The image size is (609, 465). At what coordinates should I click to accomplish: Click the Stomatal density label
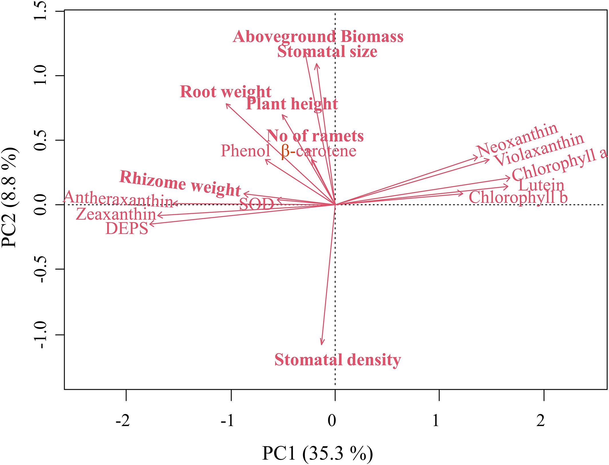pyautogui.click(x=338, y=360)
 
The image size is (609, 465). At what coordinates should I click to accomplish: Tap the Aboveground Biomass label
pyautogui.click(x=318, y=37)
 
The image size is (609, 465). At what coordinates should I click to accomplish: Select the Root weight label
pyautogui.click(x=226, y=92)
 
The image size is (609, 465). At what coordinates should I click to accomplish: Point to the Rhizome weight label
pyautogui.click(x=180, y=183)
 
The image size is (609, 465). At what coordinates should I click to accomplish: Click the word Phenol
pyautogui.click(x=246, y=151)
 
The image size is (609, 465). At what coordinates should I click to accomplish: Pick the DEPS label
pyautogui.click(x=127, y=229)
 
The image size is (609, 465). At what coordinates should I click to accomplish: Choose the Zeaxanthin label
pyautogui.click(x=116, y=214)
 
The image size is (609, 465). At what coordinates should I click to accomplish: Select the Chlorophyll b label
pyautogui.click(x=518, y=198)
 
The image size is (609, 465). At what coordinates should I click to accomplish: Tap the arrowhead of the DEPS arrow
pyautogui.click(x=151, y=224)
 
